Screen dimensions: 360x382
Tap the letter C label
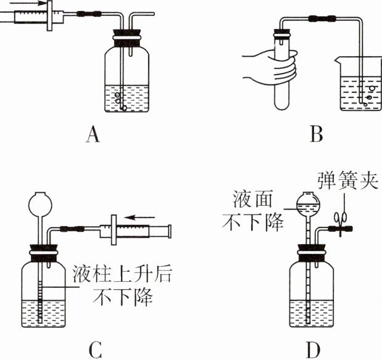pyautogui.click(x=94, y=349)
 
